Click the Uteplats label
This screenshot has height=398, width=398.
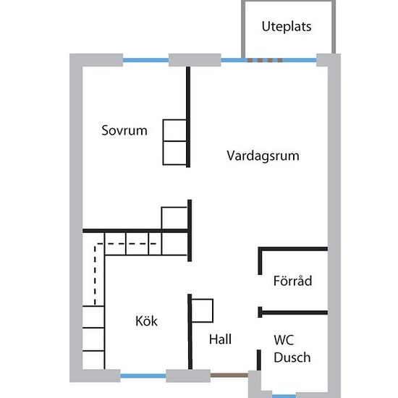(287, 27)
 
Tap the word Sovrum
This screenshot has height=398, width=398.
(124, 130)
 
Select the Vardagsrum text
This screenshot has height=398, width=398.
(263, 156)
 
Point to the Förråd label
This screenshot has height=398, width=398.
(292, 281)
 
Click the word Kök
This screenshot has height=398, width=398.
(146, 321)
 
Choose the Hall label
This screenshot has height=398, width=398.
(220, 339)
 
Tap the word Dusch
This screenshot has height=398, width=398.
(292, 357)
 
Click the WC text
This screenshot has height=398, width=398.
(284, 340)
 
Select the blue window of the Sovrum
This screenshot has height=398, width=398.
(145, 60)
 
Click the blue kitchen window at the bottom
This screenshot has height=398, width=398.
(143, 376)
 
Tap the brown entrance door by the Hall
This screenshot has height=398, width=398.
(229, 375)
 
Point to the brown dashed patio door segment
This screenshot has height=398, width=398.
(265, 60)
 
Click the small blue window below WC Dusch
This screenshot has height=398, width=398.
(284, 397)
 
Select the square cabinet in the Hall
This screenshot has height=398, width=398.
(203, 310)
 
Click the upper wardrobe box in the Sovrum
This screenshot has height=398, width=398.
(174, 130)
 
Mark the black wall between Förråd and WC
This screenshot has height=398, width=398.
(292, 313)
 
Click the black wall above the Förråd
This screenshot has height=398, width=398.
(292, 249)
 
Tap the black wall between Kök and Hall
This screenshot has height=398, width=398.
(190, 331)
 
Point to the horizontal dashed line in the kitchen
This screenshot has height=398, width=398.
(126, 244)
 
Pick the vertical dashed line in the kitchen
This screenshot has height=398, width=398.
(96, 275)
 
